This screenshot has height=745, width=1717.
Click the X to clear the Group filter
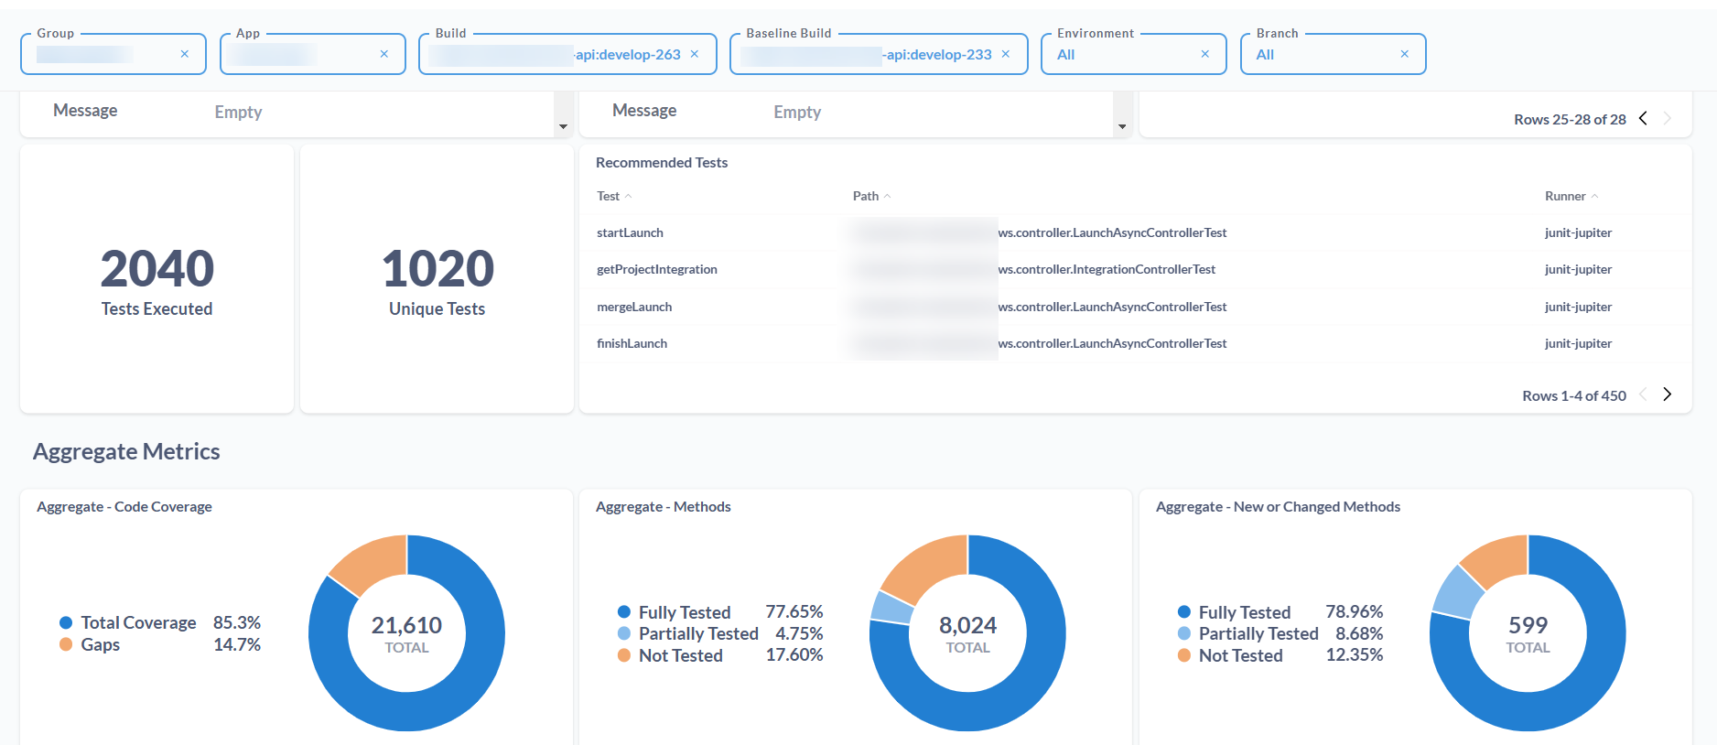[x=185, y=54]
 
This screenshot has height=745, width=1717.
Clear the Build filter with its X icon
[x=695, y=54]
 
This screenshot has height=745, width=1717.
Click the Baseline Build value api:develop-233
[x=938, y=55]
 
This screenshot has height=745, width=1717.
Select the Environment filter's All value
[x=1066, y=55]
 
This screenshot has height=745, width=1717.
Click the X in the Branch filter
[x=1405, y=54]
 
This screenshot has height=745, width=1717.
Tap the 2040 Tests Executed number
[x=157, y=268]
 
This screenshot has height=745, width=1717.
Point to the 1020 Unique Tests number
[x=437, y=268]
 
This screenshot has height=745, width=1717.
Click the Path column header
[x=866, y=196]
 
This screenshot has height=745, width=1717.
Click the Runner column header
[x=1565, y=196]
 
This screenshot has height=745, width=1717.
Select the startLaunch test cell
[x=630, y=232]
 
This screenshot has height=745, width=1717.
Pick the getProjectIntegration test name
[x=656, y=269]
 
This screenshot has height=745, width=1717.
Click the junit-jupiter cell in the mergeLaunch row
[x=1578, y=307]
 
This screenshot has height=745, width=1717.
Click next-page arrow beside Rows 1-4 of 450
[x=1668, y=394]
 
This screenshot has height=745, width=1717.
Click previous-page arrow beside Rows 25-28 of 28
[x=1643, y=118]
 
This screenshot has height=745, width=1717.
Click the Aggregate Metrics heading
[x=126, y=451]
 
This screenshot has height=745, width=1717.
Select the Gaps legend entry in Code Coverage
[x=100, y=644]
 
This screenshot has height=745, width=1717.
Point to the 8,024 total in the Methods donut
[x=967, y=625]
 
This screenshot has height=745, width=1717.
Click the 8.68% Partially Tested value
[x=1358, y=633]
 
